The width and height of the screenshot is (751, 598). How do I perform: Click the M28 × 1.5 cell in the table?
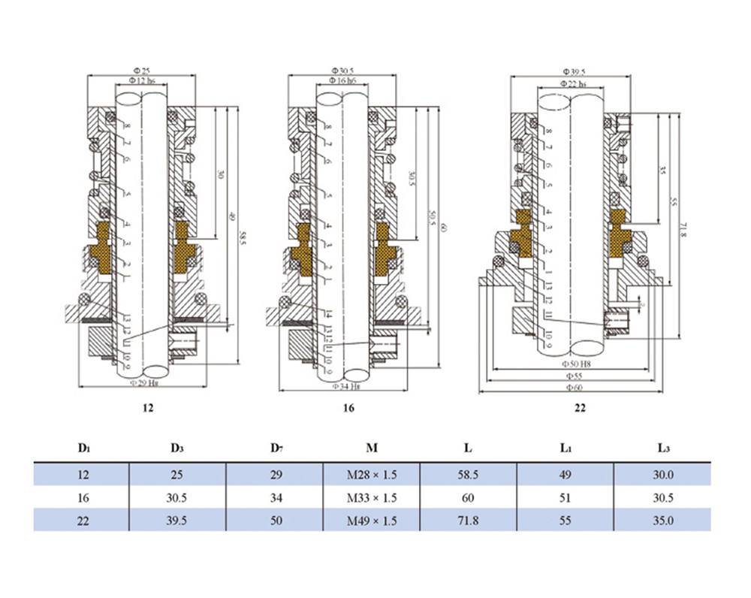(x=371, y=475)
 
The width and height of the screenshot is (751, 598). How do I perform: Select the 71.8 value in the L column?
(x=468, y=520)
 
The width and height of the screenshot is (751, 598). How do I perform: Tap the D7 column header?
(x=276, y=448)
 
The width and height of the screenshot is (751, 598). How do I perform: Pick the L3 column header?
(x=662, y=448)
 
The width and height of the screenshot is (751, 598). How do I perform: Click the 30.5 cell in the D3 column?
(x=177, y=497)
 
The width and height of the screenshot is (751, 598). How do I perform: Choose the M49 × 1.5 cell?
(x=371, y=520)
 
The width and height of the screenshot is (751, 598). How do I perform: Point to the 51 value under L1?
(x=566, y=497)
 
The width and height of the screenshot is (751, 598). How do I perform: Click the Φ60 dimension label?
(x=574, y=388)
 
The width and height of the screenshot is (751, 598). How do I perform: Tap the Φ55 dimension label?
(x=574, y=374)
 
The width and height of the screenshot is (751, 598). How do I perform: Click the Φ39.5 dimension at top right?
(x=574, y=71)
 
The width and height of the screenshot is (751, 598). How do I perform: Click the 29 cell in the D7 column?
(x=276, y=475)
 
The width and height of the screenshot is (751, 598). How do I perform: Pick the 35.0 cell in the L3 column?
(x=662, y=520)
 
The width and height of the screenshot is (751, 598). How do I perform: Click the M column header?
(x=371, y=448)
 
